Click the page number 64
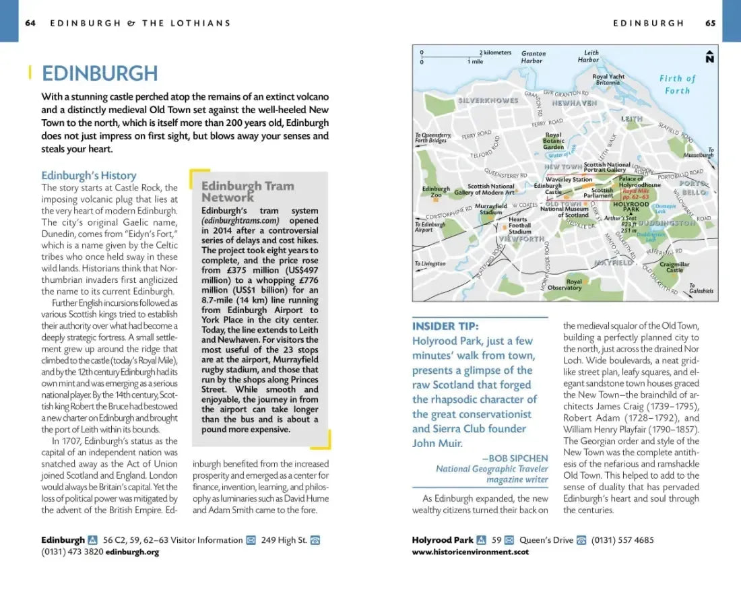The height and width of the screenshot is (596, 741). (30, 23)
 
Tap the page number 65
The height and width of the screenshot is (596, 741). (711, 23)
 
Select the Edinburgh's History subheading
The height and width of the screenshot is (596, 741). (88, 176)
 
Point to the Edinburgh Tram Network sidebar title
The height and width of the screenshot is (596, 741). (247, 191)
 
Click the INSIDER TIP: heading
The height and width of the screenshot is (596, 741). (445, 326)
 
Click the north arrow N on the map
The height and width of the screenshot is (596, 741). (709, 57)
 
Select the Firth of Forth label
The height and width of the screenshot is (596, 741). (677, 84)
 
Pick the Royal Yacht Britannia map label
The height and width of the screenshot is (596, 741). (608, 79)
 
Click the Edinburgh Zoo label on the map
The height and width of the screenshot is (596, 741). (436, 192)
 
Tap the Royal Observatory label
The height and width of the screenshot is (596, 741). (565, 285)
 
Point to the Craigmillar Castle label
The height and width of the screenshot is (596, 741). (674, 267)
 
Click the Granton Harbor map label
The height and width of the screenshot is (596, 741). (532, 57)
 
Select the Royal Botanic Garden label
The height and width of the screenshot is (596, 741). (553, 141)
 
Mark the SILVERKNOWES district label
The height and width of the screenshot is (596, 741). (488, 100)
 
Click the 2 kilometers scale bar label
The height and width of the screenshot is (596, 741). (496, 53)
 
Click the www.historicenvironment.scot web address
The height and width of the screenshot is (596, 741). (470, 552)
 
